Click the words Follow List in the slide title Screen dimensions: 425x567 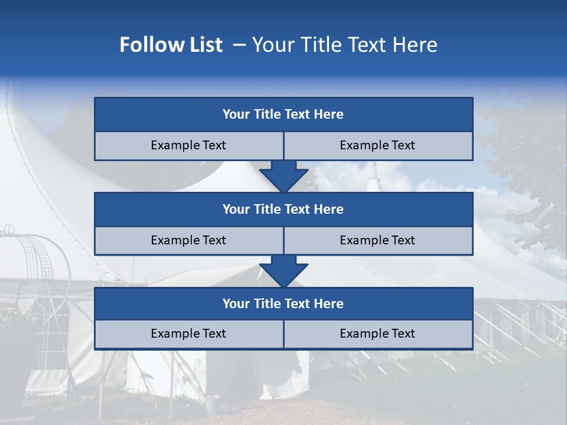tap(171, 45)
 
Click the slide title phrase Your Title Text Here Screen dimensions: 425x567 tap(344, 45)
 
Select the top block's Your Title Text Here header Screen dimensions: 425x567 tap(283, 115)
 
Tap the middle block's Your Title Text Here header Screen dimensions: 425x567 tap(283, 209)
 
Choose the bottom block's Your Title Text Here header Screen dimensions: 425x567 tap(283, 303)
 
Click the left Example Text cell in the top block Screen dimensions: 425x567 tap(188, 145)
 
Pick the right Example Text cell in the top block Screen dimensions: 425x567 tap(377, 145)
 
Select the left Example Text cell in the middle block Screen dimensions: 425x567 tap(188, 240)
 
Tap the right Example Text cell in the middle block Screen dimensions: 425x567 tap(377, 240)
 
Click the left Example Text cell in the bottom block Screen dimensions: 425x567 tap(188, 334)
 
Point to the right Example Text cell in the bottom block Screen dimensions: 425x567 tap(377, 334)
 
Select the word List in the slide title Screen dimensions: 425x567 tap(203, 45)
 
